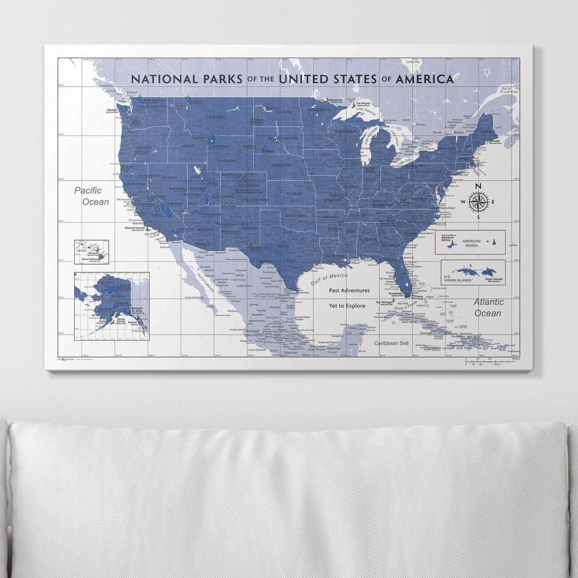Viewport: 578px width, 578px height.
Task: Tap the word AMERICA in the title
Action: (424, 79)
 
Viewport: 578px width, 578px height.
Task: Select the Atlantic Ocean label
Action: (488, 307)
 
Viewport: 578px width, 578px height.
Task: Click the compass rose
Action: (478, 201)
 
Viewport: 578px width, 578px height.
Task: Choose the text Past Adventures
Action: (349, 290)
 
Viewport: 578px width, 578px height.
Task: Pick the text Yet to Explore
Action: (347, 306)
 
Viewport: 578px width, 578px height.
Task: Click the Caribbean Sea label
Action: (391, 343)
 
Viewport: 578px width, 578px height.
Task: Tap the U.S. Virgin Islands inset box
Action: (473, 273)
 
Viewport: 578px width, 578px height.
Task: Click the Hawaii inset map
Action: (91, 252)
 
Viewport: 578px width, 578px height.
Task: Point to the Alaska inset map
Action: (112, 306)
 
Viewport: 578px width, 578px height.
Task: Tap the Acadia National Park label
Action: (495, 142)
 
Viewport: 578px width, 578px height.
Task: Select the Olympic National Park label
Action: (112, 110)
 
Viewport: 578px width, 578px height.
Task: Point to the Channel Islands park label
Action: (135, 229)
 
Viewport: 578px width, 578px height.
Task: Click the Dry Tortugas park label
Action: (384, 303)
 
